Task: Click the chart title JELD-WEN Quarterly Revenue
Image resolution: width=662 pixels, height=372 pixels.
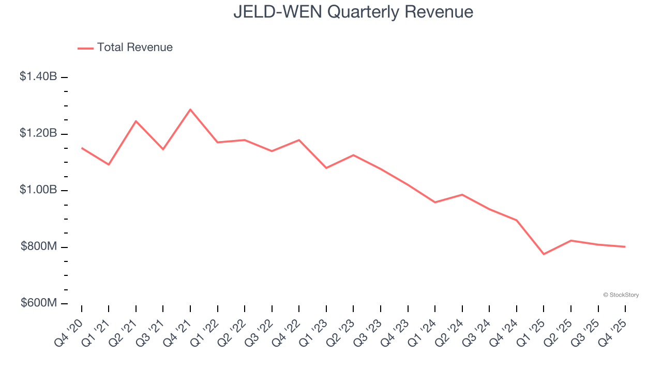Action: pos(353,11)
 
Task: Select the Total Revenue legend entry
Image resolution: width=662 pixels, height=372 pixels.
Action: pos(126,48)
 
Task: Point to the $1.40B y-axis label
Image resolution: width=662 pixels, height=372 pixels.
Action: pos(38,76)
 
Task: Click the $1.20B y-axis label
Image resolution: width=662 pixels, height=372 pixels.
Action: pos(38,133)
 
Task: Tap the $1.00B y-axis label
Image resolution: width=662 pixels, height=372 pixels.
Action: pos(38,190)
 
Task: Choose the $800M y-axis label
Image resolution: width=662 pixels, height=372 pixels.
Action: pos(39,246)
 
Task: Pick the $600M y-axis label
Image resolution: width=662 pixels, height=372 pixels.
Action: pos(39,303)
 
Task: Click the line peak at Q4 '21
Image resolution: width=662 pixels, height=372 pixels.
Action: pos(190,110)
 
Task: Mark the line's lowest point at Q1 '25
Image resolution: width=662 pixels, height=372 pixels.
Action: pos(544,254)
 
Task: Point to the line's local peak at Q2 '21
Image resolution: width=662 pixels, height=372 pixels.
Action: pos(136,121)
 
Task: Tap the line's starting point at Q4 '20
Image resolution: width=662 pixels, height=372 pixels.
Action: pos(82,148)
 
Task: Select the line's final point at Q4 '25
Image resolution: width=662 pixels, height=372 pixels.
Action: pos(625,246)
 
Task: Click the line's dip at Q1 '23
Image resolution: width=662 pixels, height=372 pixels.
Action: pos(326,168)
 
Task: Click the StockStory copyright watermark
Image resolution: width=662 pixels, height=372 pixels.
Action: pos(621,295)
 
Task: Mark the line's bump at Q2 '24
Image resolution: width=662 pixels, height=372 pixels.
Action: pos(462,195)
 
